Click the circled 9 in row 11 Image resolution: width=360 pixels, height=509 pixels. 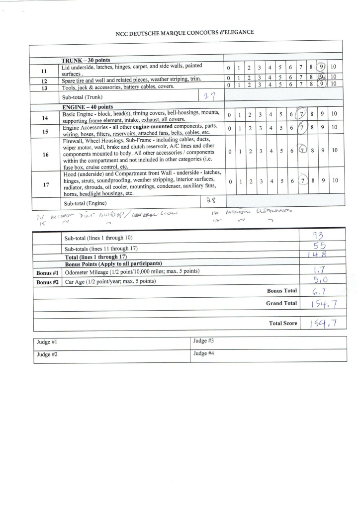point(322,68)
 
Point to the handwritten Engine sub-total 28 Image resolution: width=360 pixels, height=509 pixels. point(209,201)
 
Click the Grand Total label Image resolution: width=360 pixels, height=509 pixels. point(281,303)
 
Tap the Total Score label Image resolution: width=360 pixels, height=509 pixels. point(283,323)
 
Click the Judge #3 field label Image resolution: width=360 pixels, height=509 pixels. point(203,341)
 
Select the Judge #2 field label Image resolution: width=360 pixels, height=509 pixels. point(47,354)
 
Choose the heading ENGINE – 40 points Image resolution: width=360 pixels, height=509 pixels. point(88,107)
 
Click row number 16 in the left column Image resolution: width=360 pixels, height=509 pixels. point(45,155)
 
